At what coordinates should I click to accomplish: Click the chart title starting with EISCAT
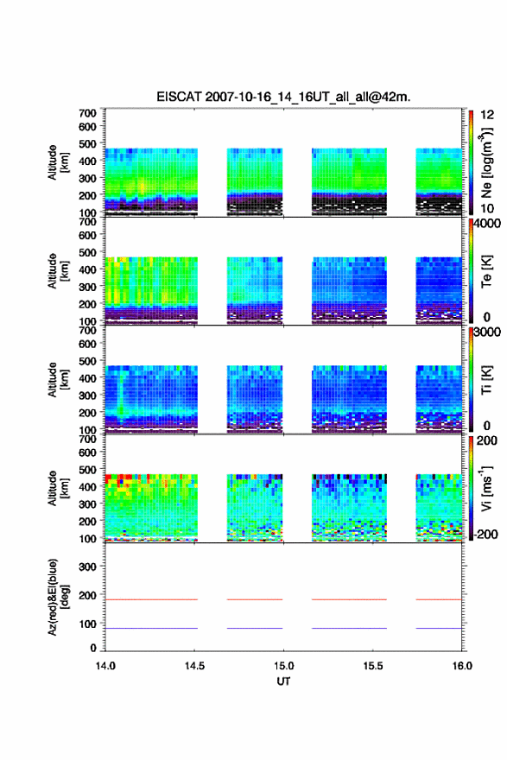click(x=283, y=97)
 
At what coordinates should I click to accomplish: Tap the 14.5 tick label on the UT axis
click(x=194, y=666)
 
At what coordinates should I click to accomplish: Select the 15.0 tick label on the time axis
click(x=283, y=666)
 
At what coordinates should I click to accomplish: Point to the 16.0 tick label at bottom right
click(x=462, y=666)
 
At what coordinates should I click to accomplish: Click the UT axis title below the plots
click(x=283, y=681)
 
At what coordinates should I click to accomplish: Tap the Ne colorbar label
click(x=486, y=162)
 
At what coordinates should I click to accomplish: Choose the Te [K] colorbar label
click(x=486, y=271)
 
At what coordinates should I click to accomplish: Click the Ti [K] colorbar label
click(x=486, y=379)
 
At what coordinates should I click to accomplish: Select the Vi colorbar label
click(x=486, y=488)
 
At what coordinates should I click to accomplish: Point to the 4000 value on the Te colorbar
click(x=487, y=224)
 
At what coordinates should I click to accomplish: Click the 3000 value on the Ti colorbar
click(x=487, y=332)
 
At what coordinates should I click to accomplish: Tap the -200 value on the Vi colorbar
click(x=485, y=534)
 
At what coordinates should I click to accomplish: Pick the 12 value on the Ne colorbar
click(x=487, y=115)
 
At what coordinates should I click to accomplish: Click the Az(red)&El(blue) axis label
click(x=57, y=597)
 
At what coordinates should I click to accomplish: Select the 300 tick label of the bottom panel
click(x=87, y=567)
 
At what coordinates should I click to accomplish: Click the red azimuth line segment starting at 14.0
click(x=151, y=599)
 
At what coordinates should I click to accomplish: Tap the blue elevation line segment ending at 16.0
click(x=439, y=628)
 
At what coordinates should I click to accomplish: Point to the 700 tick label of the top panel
click(x=87, y=113)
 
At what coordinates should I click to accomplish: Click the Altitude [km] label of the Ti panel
click(x=57, y=379)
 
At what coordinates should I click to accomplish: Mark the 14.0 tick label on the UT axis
click(x=105, y=666)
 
